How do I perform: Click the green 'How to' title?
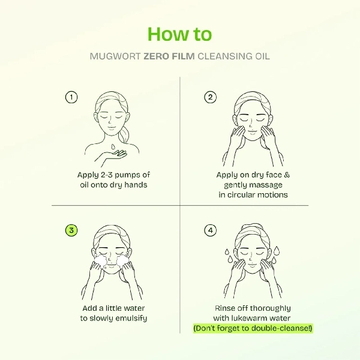coord(179,34)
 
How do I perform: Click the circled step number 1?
coord(71,97)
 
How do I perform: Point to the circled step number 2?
coord(210,97)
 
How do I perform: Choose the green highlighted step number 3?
coord(71,230)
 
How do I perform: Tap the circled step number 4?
coord(210,230)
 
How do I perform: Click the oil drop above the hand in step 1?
coord(113,145)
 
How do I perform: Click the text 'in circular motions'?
coord(252,194)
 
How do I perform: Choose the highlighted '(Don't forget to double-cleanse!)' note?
coord(252,329)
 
